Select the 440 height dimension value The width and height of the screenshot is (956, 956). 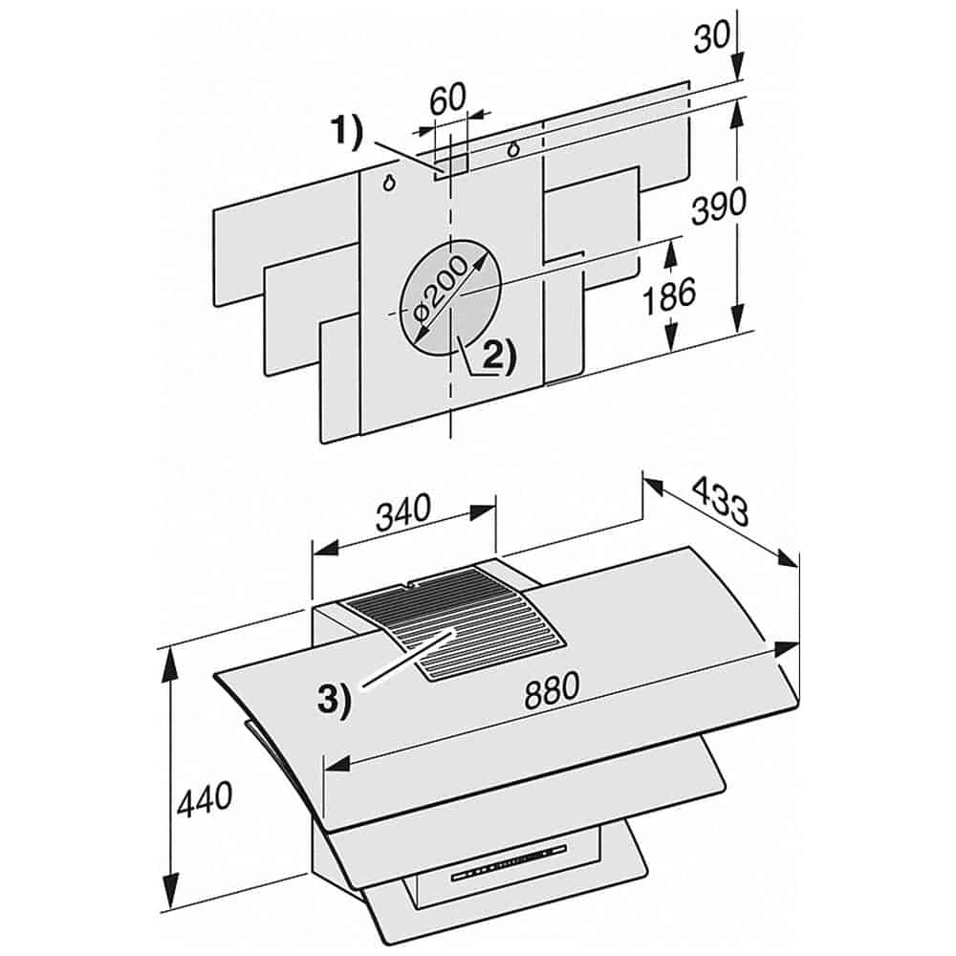click(x=205, y=798)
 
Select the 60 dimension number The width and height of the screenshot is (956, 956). click(x=446, y=99)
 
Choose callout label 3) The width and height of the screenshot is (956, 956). click(x=334, y=699)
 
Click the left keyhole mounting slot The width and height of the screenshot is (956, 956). click(x=390, y=184)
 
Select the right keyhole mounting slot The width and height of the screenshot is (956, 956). click(x=514, y=149)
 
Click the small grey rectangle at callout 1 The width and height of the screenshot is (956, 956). click(x=453, y=165)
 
